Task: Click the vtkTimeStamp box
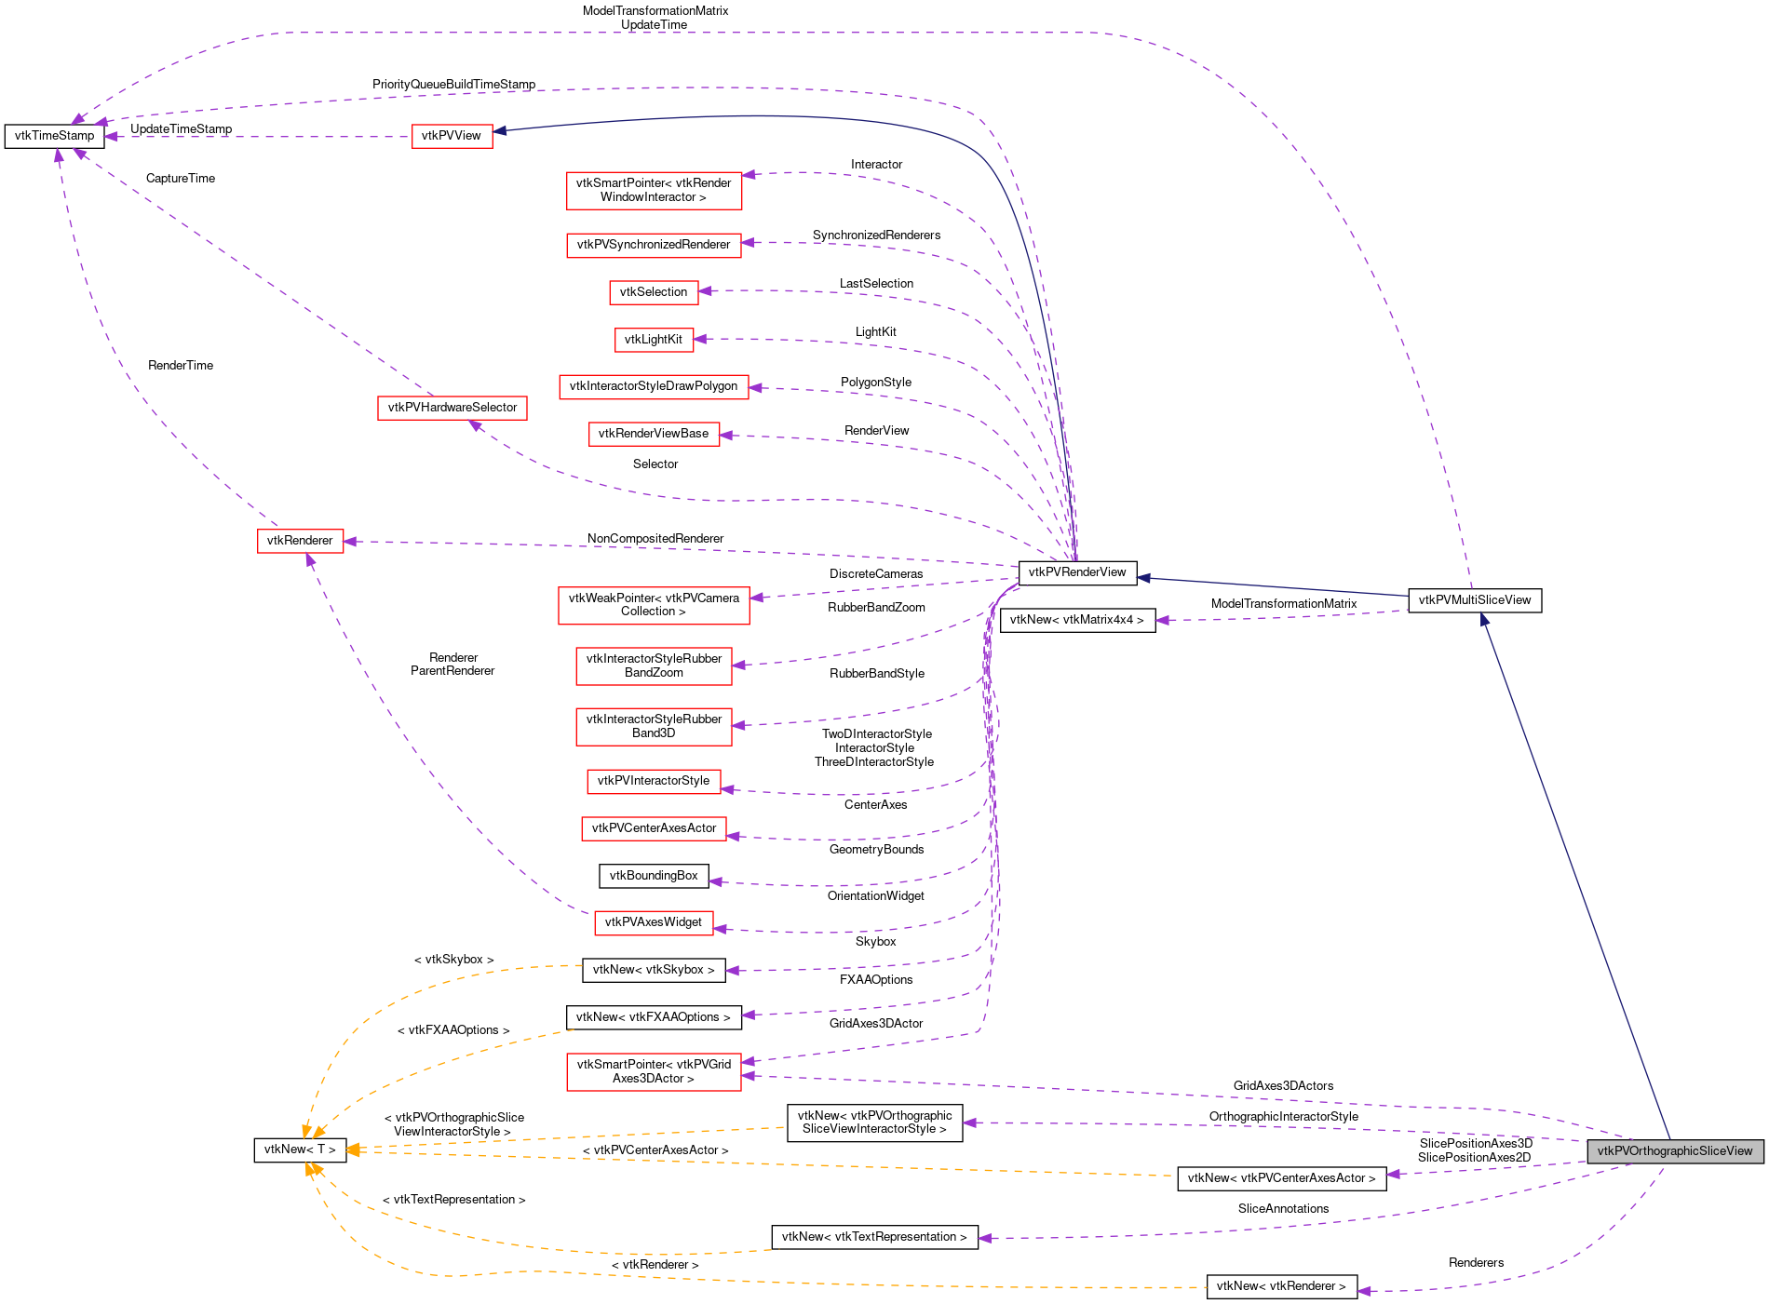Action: coord(54,136)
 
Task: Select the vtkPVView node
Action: coord(452,136)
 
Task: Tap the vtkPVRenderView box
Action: coord(1077,572)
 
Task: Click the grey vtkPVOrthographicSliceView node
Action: coord(1674,1151)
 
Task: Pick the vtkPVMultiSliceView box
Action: coord(1475,600)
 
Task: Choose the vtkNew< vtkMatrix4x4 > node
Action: coord(1077,620)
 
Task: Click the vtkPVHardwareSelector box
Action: coord(452,408)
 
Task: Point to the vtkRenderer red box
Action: coord(300,541)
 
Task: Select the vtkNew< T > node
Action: coord(300,1149)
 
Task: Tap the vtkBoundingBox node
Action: coord(654,876)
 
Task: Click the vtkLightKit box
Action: coord(654,340)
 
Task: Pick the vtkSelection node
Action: coord(654,292)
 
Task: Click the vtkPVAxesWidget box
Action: coord(654,922)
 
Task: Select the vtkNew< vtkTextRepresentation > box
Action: coord(874,1237)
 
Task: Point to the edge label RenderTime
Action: coord(181,366)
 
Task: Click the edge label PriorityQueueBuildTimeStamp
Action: coord(453,85)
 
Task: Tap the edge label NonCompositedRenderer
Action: coord(655,539)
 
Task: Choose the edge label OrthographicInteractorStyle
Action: coord(1283,1117)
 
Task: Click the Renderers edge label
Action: coord(1476,1263)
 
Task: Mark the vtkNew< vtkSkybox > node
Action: coord(654,970)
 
